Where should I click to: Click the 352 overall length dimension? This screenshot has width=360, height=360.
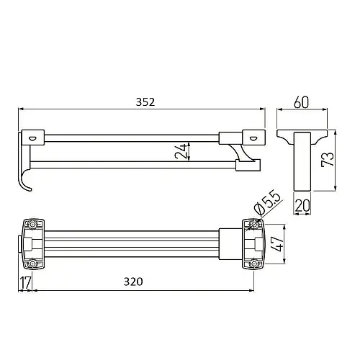(x=145, y=102)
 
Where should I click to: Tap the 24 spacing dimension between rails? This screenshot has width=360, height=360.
(x=181, y=151)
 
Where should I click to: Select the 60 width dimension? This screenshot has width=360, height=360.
(x=301, y=102)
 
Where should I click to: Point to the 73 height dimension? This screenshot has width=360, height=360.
(x=328, y=159)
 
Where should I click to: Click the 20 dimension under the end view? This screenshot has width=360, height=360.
(x=302, y=205)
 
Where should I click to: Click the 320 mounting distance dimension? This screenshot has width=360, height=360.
(x=133, y=282)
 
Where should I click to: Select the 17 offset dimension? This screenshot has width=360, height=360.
(x=25, y=283)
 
